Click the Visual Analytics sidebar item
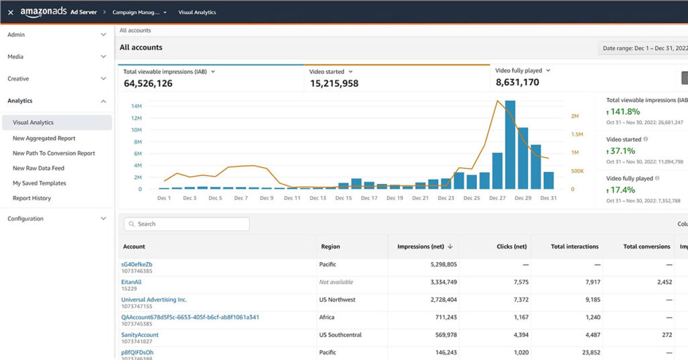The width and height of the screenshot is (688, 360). pos(33,122)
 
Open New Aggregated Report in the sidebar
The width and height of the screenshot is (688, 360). pos(44,138)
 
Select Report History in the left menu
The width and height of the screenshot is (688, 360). pos(32,198)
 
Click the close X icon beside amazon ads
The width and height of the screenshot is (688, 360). pos(10,12)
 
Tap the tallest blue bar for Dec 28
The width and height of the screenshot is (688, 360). pos(510,144)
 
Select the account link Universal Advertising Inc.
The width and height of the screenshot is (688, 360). pos(154,300)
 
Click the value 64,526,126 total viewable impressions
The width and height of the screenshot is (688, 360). pos(148,83)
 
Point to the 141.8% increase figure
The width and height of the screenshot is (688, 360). pos(626,111)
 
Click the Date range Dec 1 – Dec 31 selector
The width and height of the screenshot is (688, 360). pos(644,48)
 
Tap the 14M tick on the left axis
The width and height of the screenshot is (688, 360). pos(136,106)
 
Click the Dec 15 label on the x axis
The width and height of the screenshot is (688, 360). pos(343,198)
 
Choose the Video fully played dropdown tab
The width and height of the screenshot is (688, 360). pos(523,71)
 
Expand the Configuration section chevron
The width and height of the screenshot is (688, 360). pos(103,218)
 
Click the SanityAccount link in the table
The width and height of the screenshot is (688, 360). pos(140,334)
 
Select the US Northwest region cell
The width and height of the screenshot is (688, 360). pos(337,300)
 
